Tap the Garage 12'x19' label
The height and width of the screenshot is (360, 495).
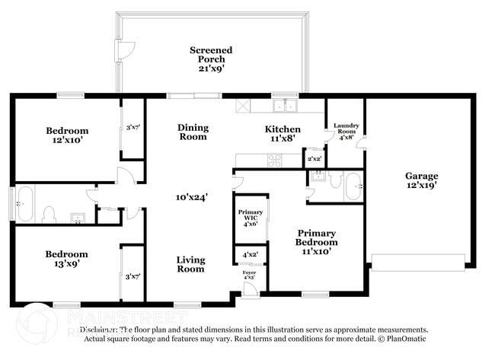click(420, 180)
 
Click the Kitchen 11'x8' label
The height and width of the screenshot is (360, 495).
click(283, 134)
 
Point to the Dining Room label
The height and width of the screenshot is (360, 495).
click(193, 132)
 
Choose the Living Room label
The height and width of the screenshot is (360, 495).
click(190, 264)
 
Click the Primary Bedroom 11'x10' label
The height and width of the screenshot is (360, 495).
click(317, 241)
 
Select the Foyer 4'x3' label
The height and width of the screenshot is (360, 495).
click(249, 275)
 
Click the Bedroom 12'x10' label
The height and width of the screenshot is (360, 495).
click(67, 135)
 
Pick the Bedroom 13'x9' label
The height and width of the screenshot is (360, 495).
click(66, 259)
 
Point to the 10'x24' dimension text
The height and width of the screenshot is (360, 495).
click(192, 197)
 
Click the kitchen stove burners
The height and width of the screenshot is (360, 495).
click(274, 161)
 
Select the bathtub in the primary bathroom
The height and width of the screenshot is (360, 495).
click(353, 186)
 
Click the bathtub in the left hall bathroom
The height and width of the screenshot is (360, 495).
click(24, 204)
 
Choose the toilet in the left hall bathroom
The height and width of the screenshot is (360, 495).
click(47, 213)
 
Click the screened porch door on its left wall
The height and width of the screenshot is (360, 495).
click(120, 51)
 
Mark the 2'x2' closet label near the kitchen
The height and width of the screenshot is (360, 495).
click(314, 159)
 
